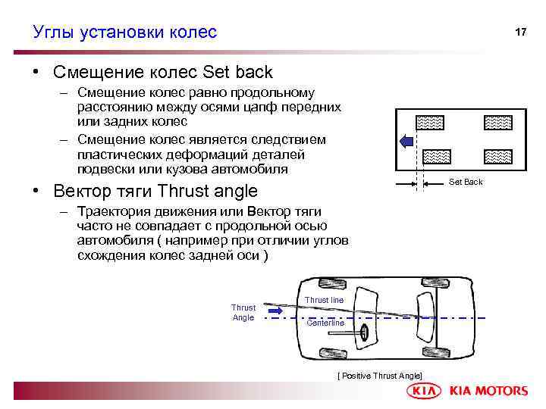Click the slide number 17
(x=520, y=33)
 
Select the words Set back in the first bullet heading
(x=238, y=73)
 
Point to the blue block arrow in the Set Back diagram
(x=406, y=140)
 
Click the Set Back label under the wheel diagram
(x=466, y=182)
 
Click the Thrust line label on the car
(x=324, y=300)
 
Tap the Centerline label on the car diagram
(x=325, y=323)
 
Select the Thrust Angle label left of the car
(x=243, y=313)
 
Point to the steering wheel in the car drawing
(x=365, y=332)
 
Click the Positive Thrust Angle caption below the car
(x=379, y=376)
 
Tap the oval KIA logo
(x=425, y=391)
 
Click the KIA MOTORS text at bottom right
(x=488, y=391)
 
